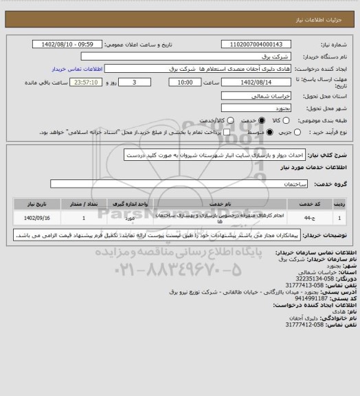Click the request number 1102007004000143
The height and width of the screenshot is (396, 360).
click(x=260, y=45)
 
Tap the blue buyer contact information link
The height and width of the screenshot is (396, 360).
click(x=76, y=69)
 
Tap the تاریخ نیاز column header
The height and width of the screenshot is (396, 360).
click(x=32, y=204)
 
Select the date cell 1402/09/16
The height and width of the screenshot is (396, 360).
click(x=32, y=218)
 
